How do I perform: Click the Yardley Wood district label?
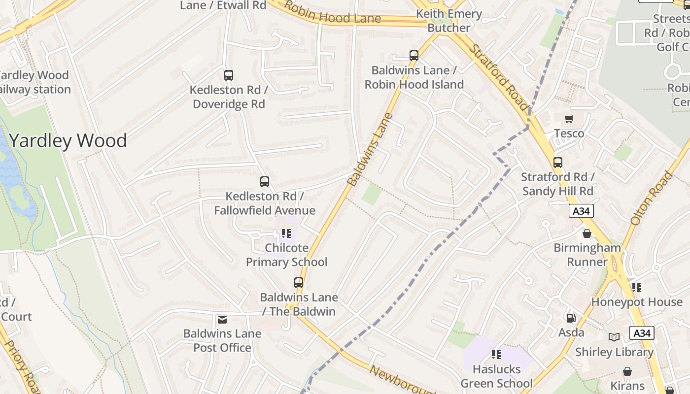[68, 141]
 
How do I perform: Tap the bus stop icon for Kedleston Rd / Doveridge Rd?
[229, 75]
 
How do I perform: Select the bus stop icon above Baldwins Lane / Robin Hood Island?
[414, 56]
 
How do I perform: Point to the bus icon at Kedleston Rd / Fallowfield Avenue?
[265, 182]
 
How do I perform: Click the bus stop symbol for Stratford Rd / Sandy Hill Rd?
[558, 163]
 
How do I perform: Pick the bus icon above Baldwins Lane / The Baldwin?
[299, 283]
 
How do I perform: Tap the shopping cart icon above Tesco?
[569, 119]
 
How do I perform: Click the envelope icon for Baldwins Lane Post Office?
[222, 320]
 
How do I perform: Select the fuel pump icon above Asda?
[571, 319]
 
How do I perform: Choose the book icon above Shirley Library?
[614, 337]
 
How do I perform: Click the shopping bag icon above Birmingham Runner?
[587, 233]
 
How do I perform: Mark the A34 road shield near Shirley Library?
[642, 333]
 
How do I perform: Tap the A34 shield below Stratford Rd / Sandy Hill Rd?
[581, 211]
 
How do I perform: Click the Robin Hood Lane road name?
[333, 14]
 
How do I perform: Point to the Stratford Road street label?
[499, 78]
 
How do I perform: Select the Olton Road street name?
[652, 198]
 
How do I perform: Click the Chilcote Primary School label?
[286, 255]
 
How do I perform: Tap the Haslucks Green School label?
[496, 376]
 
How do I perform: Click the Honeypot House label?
[637, 301]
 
